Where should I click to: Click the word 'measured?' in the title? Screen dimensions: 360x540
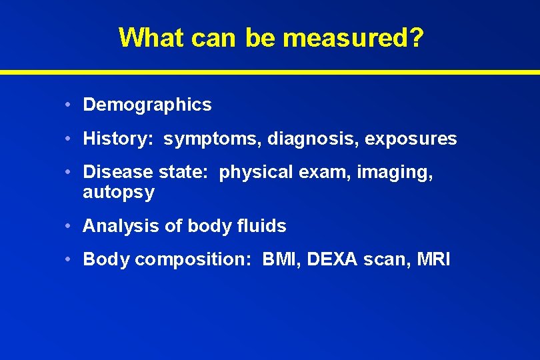coord(353,38)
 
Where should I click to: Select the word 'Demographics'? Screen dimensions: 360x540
coord(147,105)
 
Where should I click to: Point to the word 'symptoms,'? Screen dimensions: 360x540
coord(213,139)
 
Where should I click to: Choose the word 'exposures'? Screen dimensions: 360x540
coord(401,139)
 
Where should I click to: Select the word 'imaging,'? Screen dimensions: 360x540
coord(395,173)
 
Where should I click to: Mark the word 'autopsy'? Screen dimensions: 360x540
coord(118,193)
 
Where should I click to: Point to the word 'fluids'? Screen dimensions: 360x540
coord(261,226)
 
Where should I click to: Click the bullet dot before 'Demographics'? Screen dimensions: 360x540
coord(70,105)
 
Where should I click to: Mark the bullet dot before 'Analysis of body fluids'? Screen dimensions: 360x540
coord(70,226)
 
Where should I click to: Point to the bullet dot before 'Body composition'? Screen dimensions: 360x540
coord(70,259)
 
